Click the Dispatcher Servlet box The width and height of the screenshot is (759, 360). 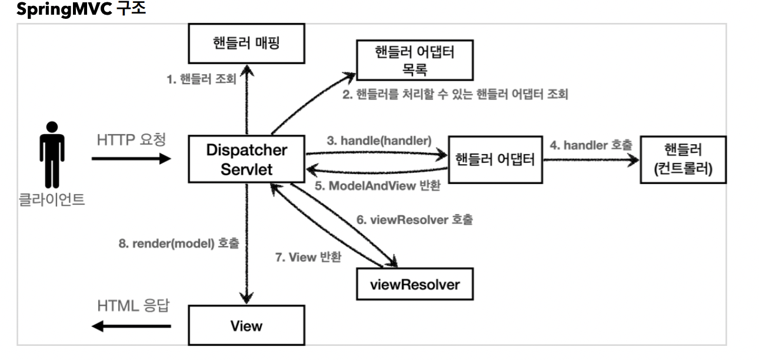247,159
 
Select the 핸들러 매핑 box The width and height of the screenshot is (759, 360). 247,44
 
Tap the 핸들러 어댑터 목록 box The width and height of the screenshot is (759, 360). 415,60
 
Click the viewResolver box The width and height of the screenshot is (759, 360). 415,284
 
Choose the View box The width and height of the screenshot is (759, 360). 247,325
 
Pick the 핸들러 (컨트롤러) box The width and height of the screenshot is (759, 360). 683,160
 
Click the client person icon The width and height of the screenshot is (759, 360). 52,155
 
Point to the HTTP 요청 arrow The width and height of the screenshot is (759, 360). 131,158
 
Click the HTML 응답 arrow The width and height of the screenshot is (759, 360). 131,326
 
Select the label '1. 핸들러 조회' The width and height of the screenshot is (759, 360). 201,79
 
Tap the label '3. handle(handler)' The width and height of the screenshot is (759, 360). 379,141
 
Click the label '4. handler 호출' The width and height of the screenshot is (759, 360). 591,145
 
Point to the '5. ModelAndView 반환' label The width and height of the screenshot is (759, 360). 378,185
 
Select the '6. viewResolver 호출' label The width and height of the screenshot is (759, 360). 414,220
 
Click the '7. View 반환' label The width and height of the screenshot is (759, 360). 308,258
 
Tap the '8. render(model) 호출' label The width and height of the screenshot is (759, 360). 179,243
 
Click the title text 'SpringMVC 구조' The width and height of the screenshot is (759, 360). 81,9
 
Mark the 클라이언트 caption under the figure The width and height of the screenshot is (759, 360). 52,199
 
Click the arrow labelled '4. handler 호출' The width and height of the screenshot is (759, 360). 591,160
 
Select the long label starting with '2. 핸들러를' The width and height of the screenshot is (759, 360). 455,94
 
